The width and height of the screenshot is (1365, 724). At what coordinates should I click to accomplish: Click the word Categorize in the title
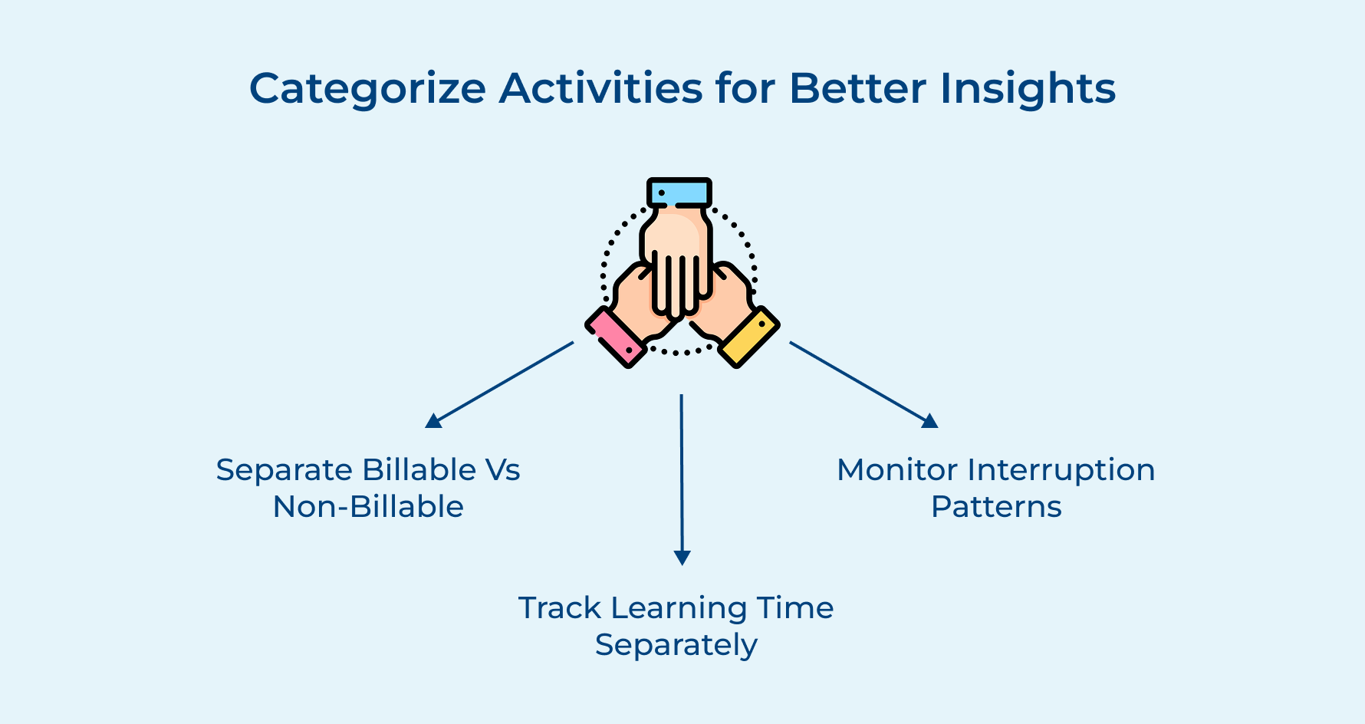click(367, 89)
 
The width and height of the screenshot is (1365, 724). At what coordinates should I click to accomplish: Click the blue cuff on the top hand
click(679, 193)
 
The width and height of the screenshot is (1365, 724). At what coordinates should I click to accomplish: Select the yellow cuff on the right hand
click(749, 337)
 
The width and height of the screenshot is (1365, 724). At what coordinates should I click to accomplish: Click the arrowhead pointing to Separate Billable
click(434, 420)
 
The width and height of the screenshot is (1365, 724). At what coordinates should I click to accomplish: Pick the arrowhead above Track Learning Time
click(682, 558)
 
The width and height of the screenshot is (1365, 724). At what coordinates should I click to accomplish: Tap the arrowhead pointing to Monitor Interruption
click(929, 420)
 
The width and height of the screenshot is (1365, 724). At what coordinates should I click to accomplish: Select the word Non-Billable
click(368, 507)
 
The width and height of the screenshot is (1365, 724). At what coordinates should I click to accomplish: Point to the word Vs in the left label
click(503, 470)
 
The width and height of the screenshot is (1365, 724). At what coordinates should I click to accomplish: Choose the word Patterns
click(996, 507)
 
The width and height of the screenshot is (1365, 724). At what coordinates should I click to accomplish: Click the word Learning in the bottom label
click(679, 608)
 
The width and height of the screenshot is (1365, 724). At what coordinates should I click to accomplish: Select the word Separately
click(676, 646)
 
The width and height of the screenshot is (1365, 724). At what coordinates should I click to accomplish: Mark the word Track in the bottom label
click(560, 608)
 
